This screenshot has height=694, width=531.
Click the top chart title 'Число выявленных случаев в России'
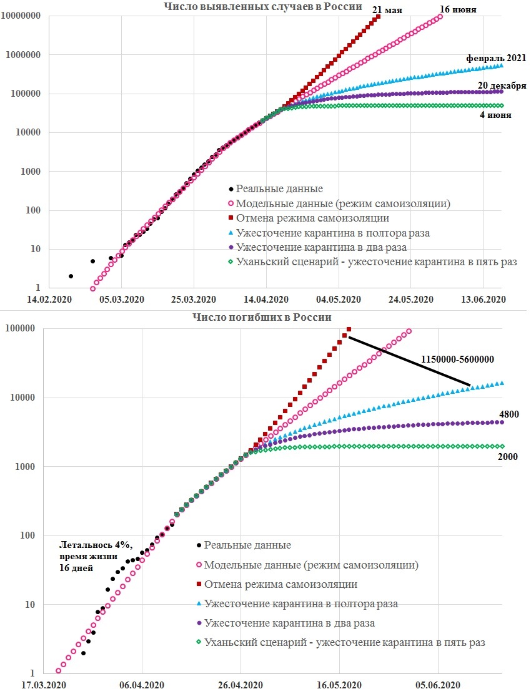(x=262, y=6)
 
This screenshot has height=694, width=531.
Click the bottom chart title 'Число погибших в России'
(x=262, y=317)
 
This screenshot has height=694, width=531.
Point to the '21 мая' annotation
(x=387, y=9)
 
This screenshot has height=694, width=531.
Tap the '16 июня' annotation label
(x=458, y=9)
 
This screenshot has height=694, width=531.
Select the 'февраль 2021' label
(x=496, y=58)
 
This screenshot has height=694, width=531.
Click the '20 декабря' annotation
(x=502, y=86)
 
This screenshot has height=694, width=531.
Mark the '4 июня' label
(x=495, y=115)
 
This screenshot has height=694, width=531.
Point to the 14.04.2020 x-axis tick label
(x=265, y=299)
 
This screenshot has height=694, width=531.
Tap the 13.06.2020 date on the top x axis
(x=483, y=299)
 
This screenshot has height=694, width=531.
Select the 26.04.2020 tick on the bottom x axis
(x=241, y=685)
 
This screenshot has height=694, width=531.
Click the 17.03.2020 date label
(x=43, y=685)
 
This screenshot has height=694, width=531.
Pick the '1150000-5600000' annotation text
(x=457, y=359)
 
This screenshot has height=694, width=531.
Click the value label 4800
(x=509, y=414)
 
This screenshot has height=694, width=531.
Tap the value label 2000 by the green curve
(x=507, y=456)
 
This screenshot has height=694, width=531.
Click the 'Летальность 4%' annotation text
(x=96, y=545)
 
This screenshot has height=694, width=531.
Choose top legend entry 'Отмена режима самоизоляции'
(x=313, y=218)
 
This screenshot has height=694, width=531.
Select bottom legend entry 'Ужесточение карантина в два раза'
(x=290, y=623)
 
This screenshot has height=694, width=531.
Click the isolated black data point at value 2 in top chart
(x=71, y=276)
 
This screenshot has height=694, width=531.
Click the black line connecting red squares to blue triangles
(x=410, y=361)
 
